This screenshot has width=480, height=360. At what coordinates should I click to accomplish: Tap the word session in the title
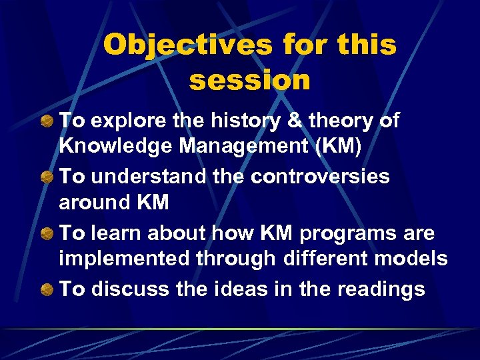coord(250,80)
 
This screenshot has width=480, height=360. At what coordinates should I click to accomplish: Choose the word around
coord(91,202)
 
